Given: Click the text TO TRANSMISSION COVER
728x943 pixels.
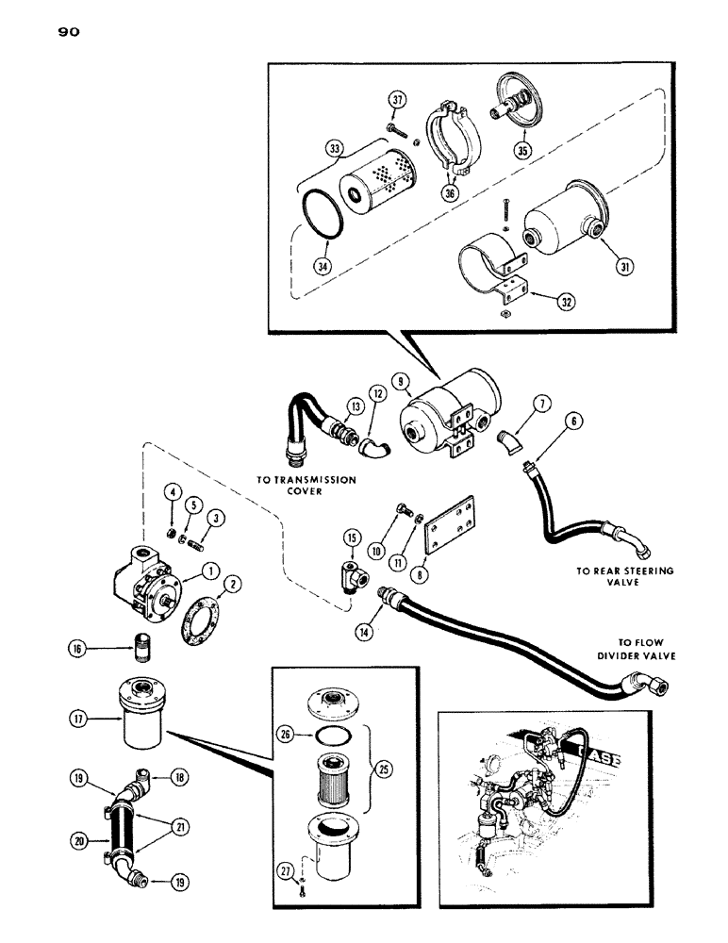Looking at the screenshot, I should coord(307,485).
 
